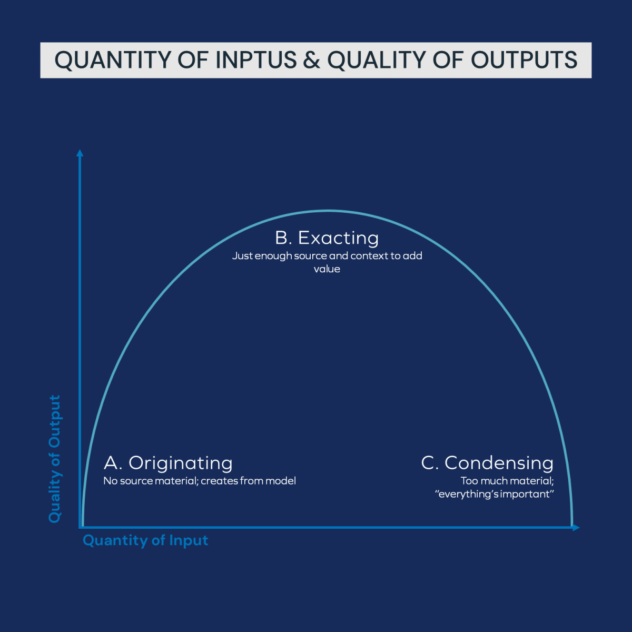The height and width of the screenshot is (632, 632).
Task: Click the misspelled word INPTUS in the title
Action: (256, 60)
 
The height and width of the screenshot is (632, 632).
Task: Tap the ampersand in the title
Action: (312, 60)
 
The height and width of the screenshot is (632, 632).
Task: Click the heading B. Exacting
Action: (327, 238)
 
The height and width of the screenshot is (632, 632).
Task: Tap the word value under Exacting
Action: (327, 269)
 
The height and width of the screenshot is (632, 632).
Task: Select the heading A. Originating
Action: (168, 463)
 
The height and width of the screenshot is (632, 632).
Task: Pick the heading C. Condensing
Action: (487, 463)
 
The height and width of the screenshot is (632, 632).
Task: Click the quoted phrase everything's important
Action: (495, 494)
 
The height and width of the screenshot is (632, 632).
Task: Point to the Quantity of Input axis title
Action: (145, 540)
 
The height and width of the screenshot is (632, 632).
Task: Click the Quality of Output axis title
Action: (55, 458)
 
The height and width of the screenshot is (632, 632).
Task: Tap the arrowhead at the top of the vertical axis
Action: (80, 153)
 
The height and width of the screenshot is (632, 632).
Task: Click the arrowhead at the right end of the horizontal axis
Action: (576, 527)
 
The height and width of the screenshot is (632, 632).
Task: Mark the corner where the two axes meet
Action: (81, 527)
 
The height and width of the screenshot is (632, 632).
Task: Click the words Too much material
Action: (507, 481)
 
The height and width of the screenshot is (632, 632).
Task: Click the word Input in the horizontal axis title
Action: (189, 540)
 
